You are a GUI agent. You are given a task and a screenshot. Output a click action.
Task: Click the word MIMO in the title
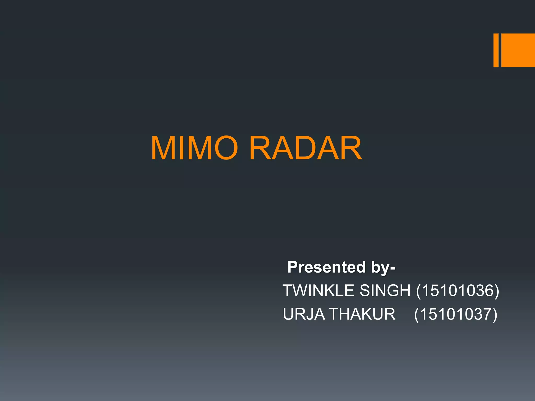(194, 148)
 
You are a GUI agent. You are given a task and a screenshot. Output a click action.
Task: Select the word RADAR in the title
(306, 148)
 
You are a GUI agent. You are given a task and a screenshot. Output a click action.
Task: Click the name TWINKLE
(319, 291)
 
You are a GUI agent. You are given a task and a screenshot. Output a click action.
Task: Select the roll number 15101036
(457, 291)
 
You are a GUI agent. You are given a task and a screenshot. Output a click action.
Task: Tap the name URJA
(304, 314)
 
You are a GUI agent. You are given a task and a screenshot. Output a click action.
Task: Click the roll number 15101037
(456, 314)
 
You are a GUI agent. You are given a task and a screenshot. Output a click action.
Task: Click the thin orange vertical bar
(496, 50)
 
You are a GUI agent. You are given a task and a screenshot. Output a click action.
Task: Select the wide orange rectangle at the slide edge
(518, 50)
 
